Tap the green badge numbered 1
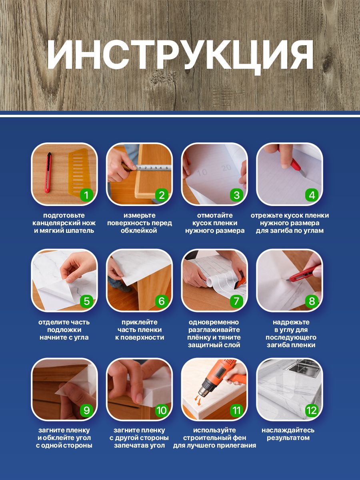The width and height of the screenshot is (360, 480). pyautogui.click(x=86, y=195)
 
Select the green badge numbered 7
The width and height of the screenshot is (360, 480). pyautogui.click(x=236, y=301)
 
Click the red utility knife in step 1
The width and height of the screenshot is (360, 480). pyautogui.click(x=48, y=172)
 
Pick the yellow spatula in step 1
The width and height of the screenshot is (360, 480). pyautogui.click(x=78, y=172)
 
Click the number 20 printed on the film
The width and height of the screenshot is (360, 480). pyautogui.click(x=226, y=168)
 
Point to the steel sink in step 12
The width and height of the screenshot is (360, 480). pyautogui.click(x=304, y=368)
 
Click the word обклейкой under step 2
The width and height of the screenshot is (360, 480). pyautogui.click(x=139, y=231)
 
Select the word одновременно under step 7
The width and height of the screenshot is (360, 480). pyautogui.click(x=214, y=322)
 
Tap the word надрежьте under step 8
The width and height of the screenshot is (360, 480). pyautogui.click(x=291, y=322)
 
